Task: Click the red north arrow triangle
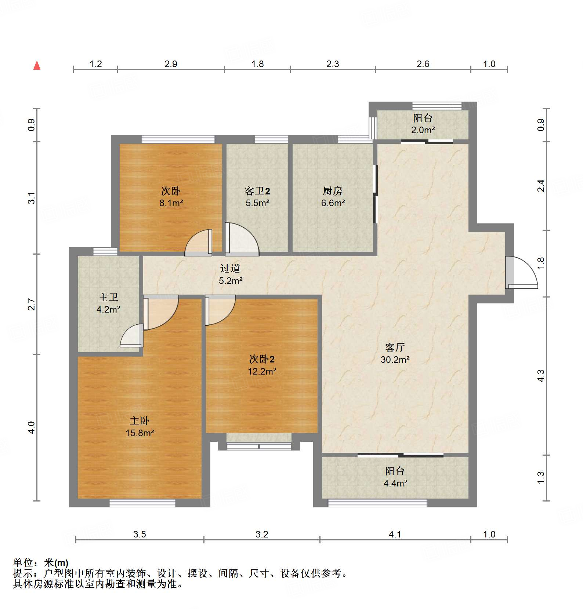(37, 65)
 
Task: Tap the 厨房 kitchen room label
(333, 191)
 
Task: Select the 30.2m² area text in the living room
(395, 360)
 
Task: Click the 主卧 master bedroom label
(140, 421)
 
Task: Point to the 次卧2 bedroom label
(262, 359)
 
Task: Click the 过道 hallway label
(230, 269)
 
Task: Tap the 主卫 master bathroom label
(108, 297)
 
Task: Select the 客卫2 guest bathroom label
(257, 191)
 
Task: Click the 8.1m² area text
(171, 203)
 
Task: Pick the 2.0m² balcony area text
(423, 130)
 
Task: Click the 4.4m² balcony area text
(395, 483)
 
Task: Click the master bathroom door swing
(131, 335)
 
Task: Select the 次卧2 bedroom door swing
(220, 310)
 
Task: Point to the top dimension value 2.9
(171, 64)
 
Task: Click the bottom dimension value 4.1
(395, 534)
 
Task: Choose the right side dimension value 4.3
(541, 376)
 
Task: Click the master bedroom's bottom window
(142, 503)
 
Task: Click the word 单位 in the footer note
(23, 563)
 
